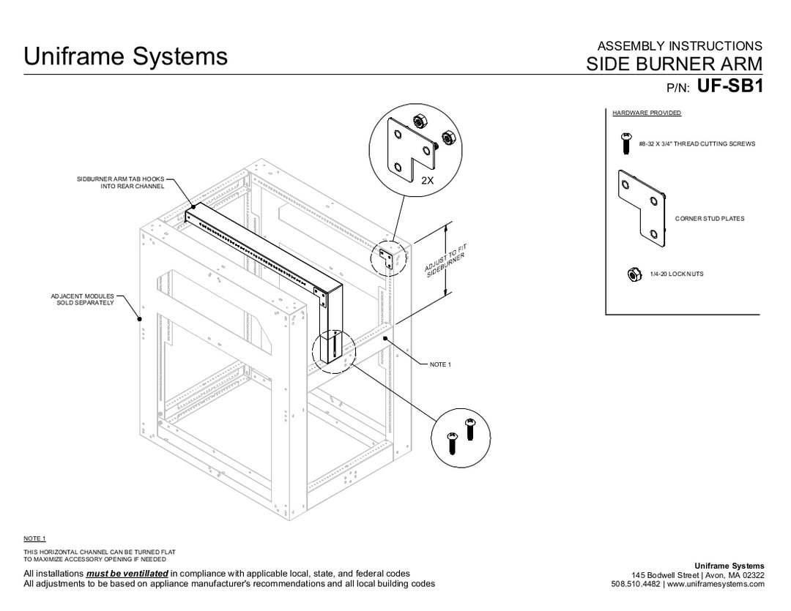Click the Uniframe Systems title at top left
click(x=125, y=56)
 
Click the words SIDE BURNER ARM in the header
click(x=674, y=64)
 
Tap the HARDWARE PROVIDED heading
click(x=646, y=113)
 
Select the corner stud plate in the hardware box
click(x=642, y=204)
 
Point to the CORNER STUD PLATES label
click(x=709, y=219)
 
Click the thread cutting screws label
click(x=696, y=144)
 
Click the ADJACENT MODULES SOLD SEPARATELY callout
click(x=82, y=299)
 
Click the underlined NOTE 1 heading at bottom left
click(x=35, y=539)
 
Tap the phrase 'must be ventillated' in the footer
click(x=127, y=574)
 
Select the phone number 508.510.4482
click(x=635, y=584)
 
